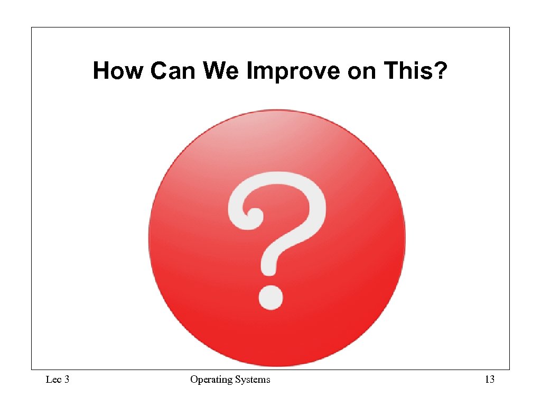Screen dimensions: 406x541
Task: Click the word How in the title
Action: point(117,71)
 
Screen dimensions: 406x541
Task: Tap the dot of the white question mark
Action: point(270,298)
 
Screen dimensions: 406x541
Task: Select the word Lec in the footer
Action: point(53,380)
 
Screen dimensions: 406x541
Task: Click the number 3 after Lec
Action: point(67,380)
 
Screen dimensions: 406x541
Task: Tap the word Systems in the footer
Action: point(253,380)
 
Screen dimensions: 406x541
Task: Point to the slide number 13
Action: point(490,380)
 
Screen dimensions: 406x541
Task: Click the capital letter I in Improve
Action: point(249,71)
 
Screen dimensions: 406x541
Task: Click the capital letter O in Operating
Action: point(194,380)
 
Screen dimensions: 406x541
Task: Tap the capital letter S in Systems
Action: point(237,380)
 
